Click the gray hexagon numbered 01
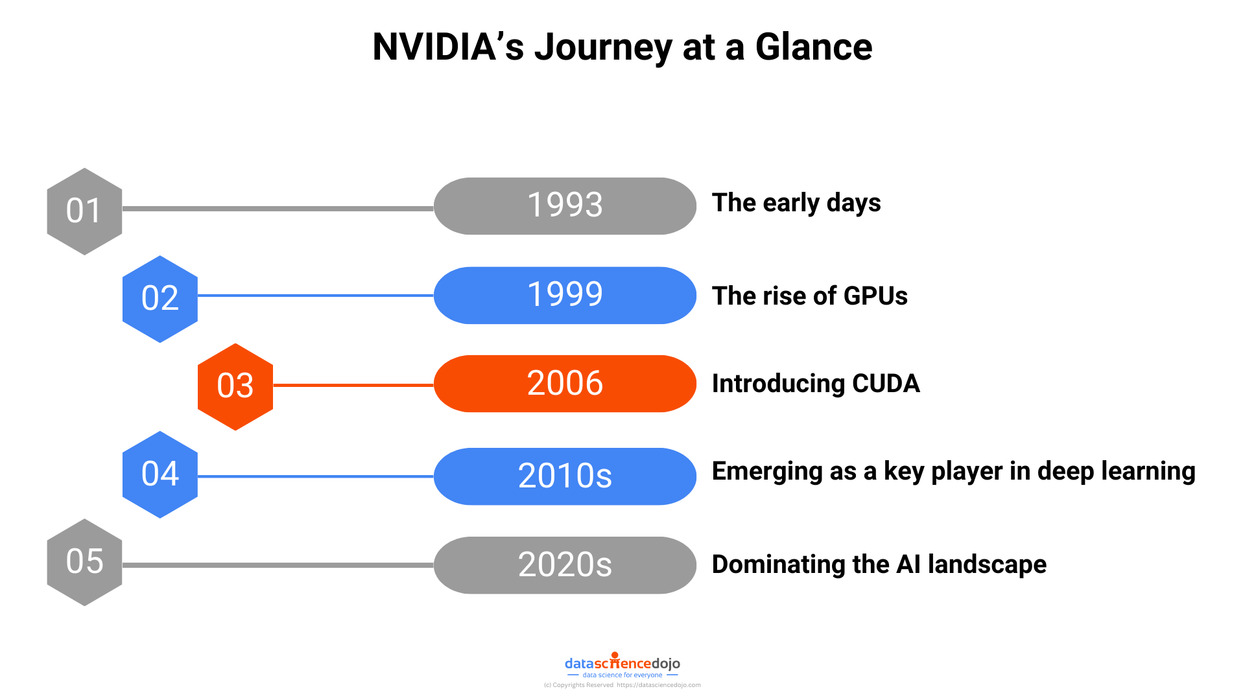pos(84,211)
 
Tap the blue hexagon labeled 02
pos(160,299)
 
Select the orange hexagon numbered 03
pos(235,386)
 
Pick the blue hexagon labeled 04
pos(160,474)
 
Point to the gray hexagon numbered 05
pos(84,562)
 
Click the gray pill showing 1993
pos(565,206)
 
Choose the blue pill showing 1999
pos(565,296)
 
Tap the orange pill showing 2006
pos(565,384)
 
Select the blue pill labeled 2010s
pos(565,476)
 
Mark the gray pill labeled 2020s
pos(565,565)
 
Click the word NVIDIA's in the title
pos(447,47)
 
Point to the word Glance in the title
pos(814,47)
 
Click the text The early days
pos(796,203)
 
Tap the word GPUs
pos(875,296)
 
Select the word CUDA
pos(886,384)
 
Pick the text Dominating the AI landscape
pos(879,565)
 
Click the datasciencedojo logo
pos(622,664)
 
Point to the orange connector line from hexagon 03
pos(353,385)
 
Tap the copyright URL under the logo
pos(658,685)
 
